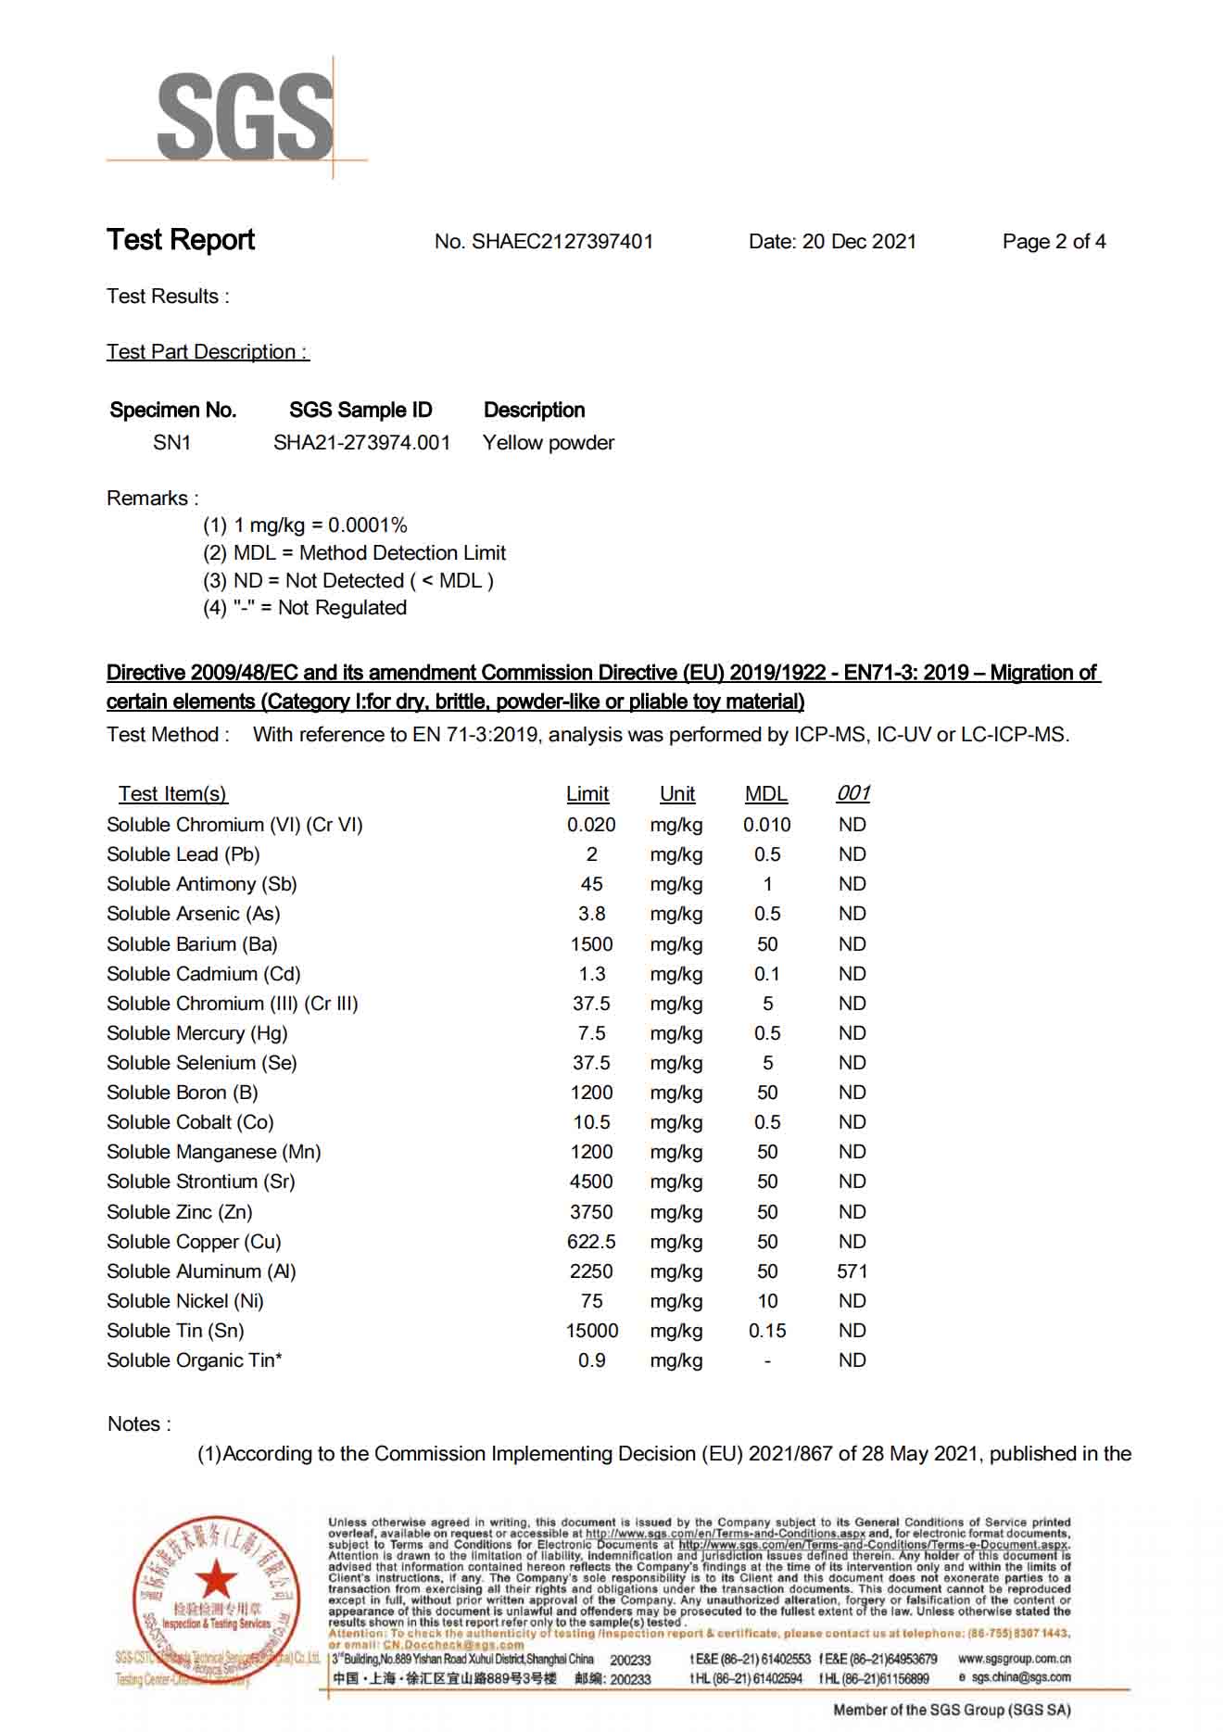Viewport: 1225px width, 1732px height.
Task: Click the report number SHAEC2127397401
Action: [x=562, y=242]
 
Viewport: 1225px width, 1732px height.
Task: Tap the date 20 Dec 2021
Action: [x=858, y=242]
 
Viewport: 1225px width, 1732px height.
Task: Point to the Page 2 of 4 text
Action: [x=1054, y=242]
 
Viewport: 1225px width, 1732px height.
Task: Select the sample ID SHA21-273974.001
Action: [x=361, y=443]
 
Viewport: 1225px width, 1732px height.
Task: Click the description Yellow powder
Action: [x=548, y=443]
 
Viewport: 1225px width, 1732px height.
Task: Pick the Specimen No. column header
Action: [x=172, y=410]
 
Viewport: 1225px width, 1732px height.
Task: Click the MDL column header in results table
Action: [x=765, y=794]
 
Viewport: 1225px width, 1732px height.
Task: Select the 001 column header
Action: [x=852, y=793]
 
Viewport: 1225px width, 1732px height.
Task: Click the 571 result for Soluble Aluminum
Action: [x=852, y=1271]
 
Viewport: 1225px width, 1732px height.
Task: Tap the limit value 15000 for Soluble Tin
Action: [x=591, y=1331]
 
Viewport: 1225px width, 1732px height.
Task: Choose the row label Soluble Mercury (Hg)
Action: [x=196, y=1033]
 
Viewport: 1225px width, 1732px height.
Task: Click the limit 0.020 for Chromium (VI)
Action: [x=591, y=825]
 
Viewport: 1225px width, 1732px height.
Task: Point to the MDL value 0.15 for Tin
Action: [x=766, y=1331]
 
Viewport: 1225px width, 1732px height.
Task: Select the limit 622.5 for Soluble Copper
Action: [x=591, y=1242]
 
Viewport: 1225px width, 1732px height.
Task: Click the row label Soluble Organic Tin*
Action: [x=194, y=1360]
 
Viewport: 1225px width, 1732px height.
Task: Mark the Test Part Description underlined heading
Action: [x=208, y=352]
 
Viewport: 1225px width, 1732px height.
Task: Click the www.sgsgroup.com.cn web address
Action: [x=1014, y=1659]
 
